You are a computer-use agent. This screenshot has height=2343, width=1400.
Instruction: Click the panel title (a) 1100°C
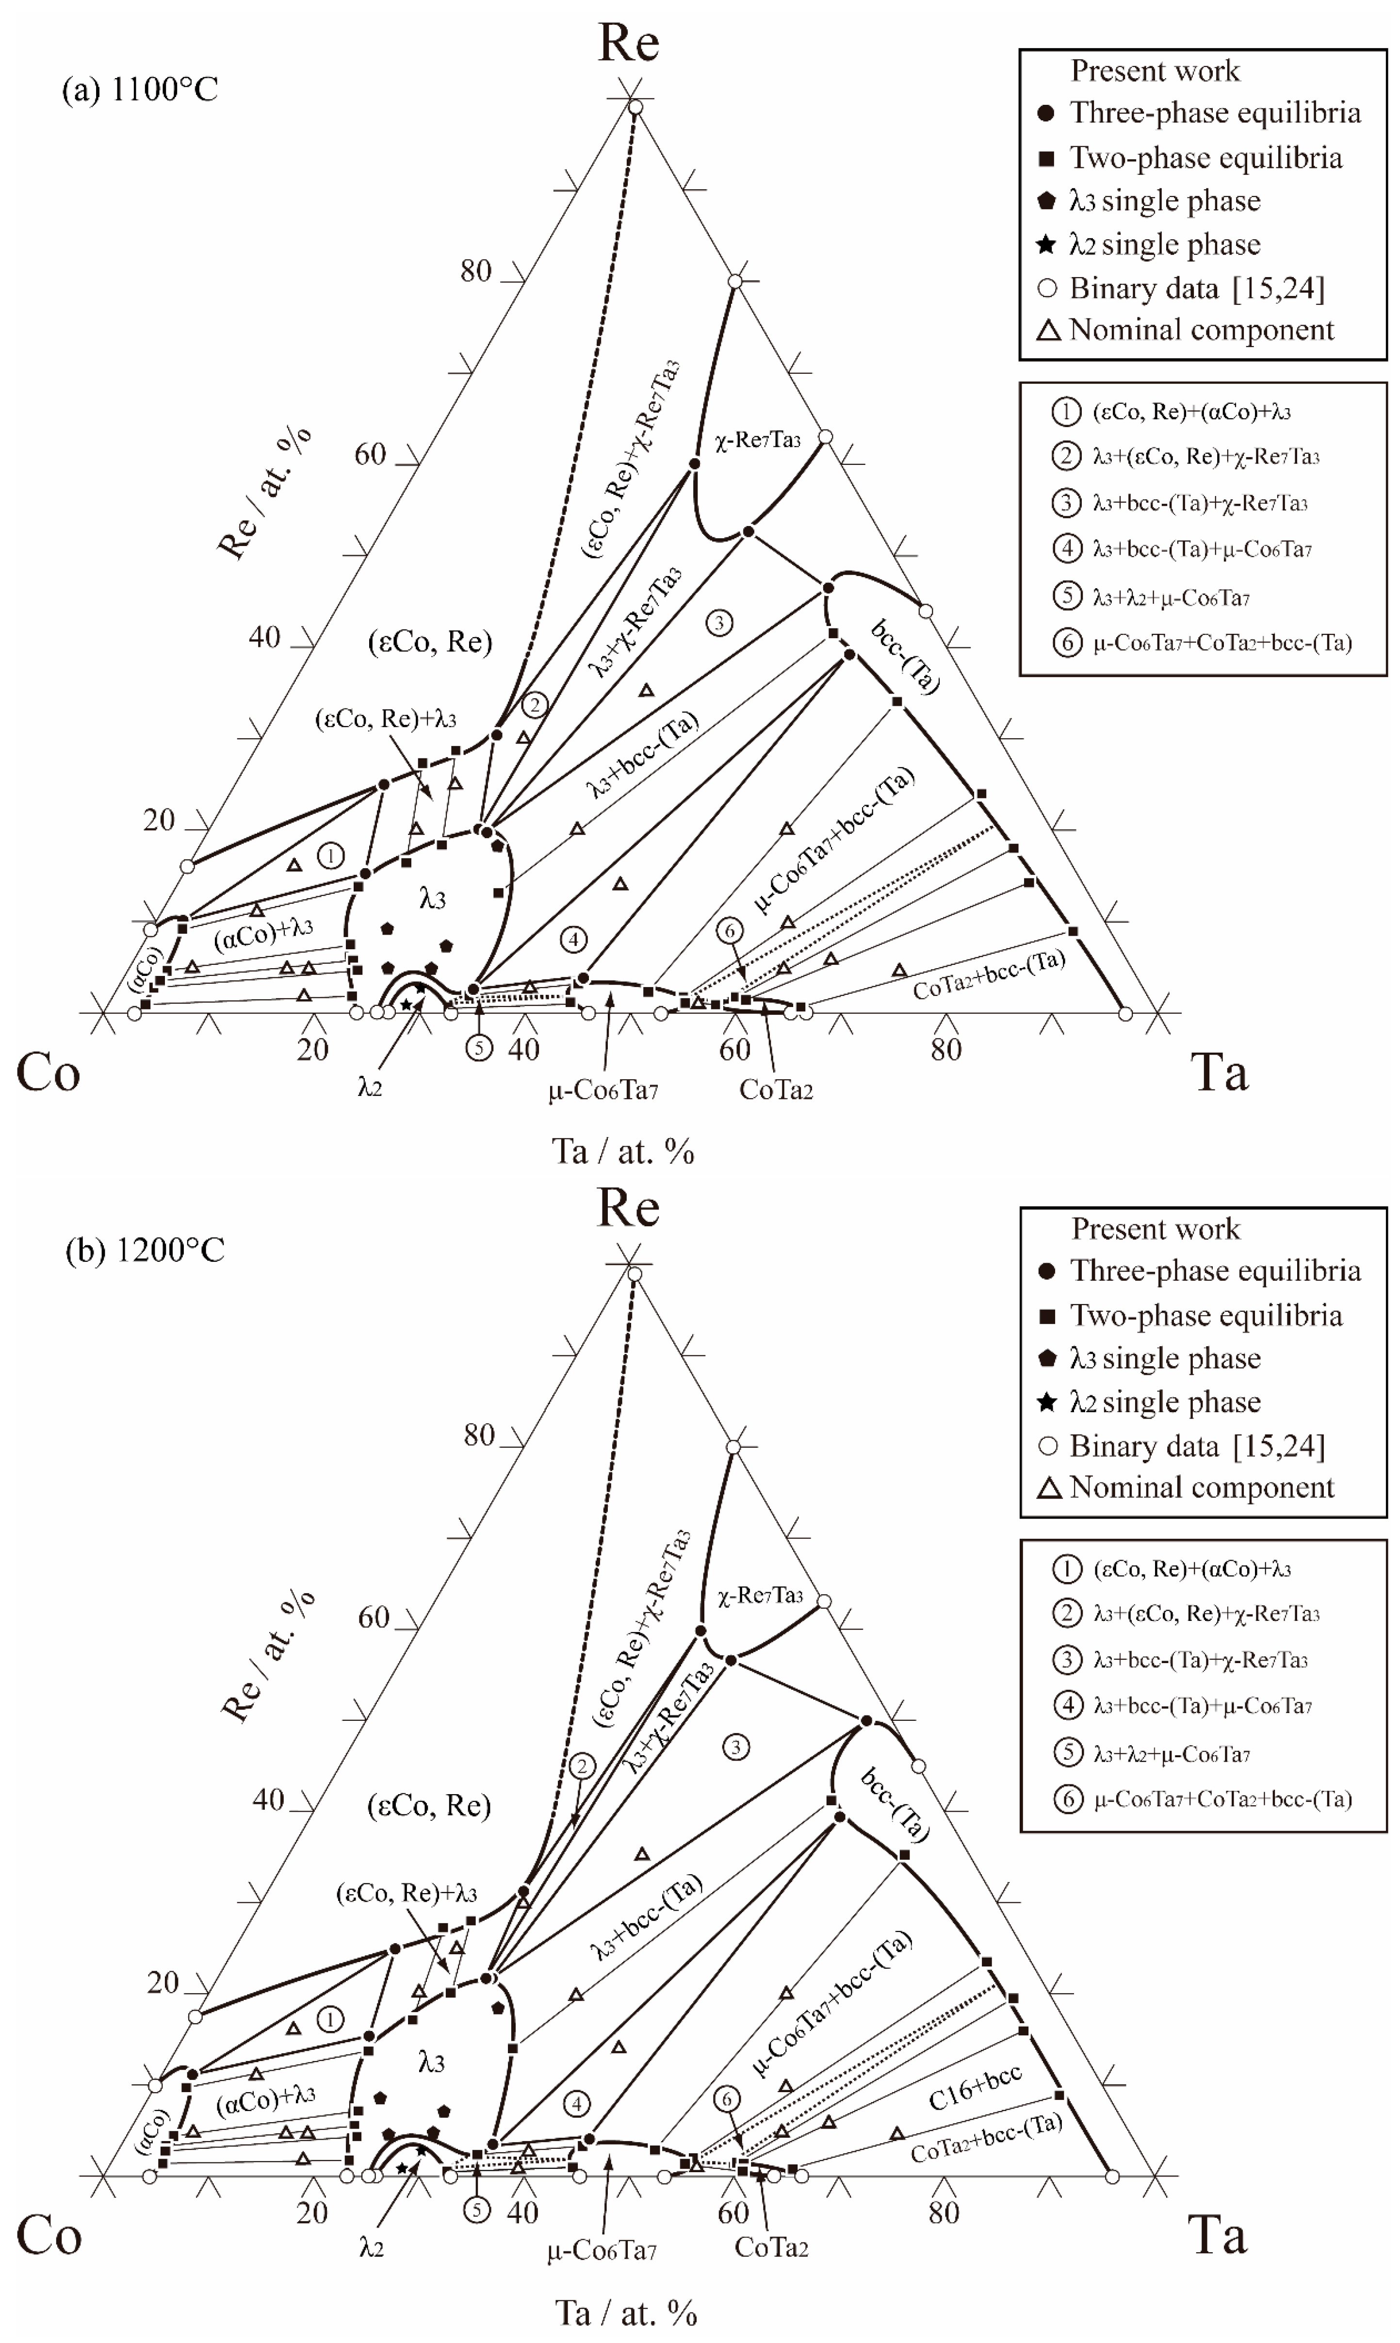[140, 90]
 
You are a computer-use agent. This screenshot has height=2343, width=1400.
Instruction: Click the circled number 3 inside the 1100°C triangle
[719, 623]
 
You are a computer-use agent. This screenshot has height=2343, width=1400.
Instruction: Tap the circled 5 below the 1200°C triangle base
[477, 2210]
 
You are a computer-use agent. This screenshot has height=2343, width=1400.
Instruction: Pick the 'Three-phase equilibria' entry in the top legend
[1214, 113]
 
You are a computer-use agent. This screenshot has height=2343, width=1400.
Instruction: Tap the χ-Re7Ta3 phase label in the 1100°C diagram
[758, 440]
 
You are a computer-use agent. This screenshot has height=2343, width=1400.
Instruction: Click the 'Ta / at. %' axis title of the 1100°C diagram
[623, 1151]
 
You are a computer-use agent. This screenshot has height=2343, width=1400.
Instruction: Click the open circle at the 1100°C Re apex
[636, 108]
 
